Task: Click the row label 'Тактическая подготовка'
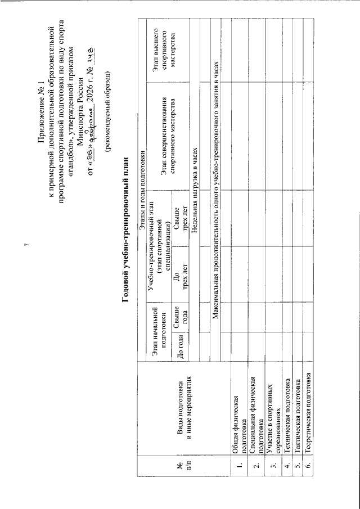tap(297, 419)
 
